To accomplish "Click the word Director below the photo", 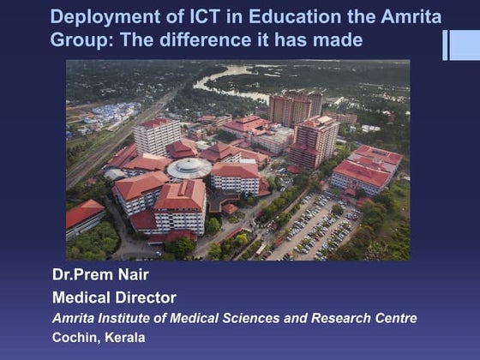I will tap(147, 298).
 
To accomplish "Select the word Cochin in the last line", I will tap(75, 337).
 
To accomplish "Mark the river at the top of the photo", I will tap(219, 81).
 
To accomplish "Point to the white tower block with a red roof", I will tap(157, 137).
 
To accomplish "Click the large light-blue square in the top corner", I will tap(464, 45).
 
